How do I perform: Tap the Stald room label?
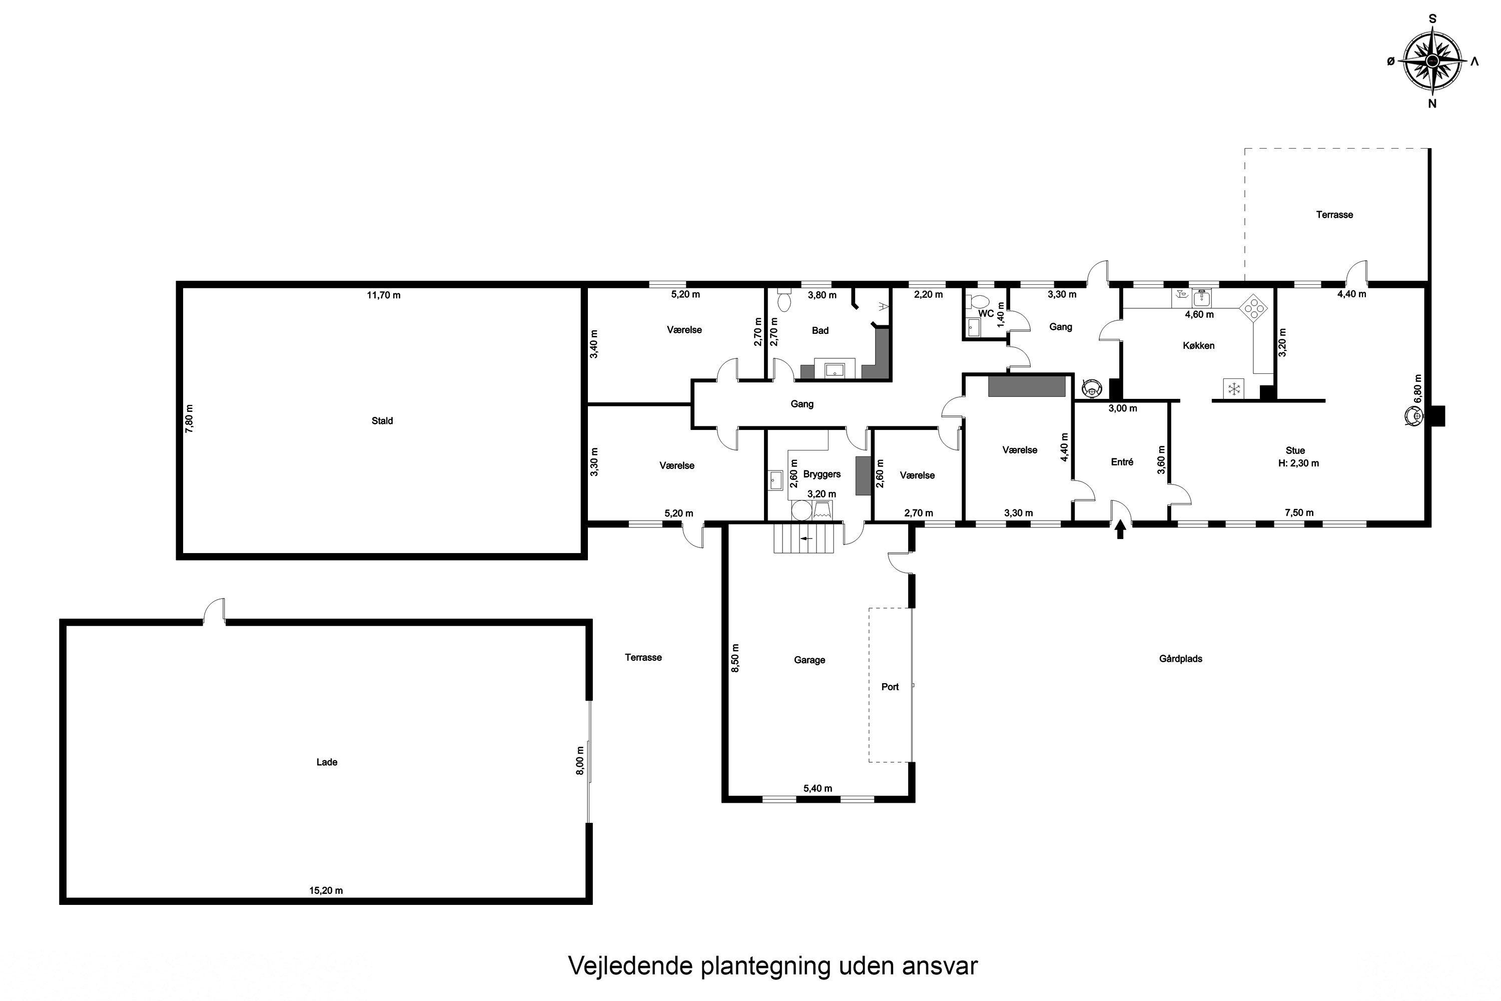click(x=382, y=421)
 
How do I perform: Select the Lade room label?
click(x=327, y=762)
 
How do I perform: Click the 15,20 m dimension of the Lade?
click(x=326, y=890)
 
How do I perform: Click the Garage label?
click(x=809, y=660)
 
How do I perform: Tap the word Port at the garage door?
click(x=890, y=687)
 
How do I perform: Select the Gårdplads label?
click(x=1181, y=659)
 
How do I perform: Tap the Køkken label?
click(x=1198, y=346)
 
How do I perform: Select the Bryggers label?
click(x=822, y=474)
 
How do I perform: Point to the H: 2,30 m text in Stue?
click(x=1298, y=463)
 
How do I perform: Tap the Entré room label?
click(x=1122, y=461)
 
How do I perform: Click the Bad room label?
click(x=820, y=331)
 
